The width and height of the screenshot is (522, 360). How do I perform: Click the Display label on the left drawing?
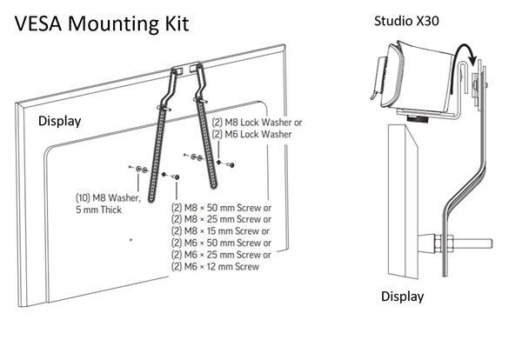point(59,121)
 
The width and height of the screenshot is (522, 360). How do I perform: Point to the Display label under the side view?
point(403,297)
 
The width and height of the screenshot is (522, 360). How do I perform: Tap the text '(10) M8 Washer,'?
point(109,197)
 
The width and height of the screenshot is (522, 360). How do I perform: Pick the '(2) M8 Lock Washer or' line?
point(258,123)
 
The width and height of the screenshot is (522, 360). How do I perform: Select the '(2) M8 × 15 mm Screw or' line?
point(221,231)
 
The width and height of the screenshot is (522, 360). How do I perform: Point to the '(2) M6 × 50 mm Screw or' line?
point(221,243)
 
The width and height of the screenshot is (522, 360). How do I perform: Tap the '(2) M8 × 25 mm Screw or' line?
point(221,220)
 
